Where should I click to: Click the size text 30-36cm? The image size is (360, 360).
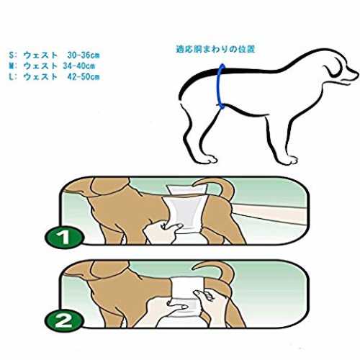(x=84, y=55)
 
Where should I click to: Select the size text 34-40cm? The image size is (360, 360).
(x=79, y=66)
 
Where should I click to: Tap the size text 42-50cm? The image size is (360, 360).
(x=84, y=76)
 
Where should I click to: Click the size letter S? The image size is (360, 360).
(x=12, y=55)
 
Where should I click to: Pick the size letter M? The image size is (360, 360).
(x=12, y=66)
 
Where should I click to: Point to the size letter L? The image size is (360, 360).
(x=11, y=76)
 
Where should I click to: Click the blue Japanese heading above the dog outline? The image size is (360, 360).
(x=215, y=49)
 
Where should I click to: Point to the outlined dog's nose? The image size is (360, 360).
(x=357, y=72)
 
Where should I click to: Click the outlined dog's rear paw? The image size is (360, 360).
(x=208, y=159)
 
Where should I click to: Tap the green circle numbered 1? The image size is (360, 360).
(x=65, y=237)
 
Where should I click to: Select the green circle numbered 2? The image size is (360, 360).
(x=65, y=320)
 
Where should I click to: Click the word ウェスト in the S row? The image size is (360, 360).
(x=40, y=55)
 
